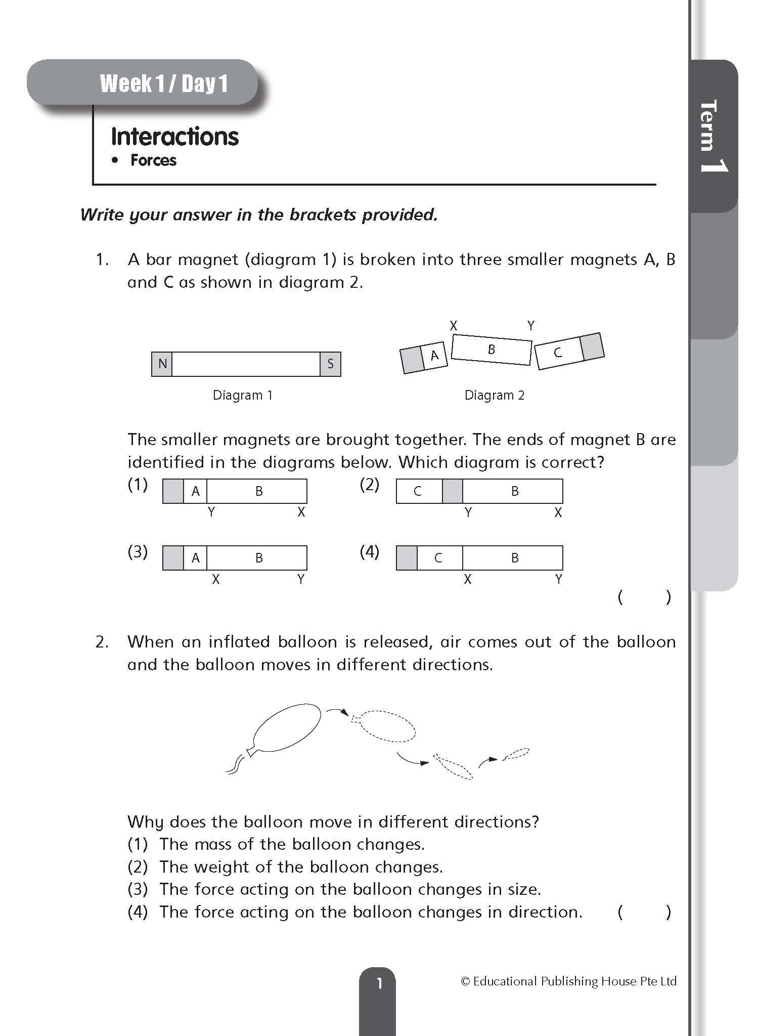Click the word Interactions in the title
(174, 137)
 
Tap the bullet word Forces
(153, 160)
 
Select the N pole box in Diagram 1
(162, 364)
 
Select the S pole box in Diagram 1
(330, 364)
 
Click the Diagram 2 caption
(494, 395)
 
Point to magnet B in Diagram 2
(491, 350)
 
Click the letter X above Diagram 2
(453, 326)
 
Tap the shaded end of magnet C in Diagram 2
(592, 347)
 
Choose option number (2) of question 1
(369, 485)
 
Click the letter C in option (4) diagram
(438, 558)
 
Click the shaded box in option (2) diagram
(452, 491)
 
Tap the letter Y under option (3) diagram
(300, 579)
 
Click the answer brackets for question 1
(644, 597)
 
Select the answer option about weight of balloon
(301, 867)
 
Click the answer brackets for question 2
(644, 912)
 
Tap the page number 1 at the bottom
(379, 983)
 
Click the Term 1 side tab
(713, 137)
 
